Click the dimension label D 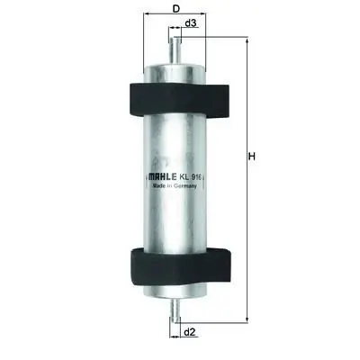click(x=175, y=9)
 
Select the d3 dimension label click(x=191, y=23)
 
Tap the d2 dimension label click(x=189, y=332)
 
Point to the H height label click(x=252, y=156)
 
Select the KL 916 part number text click(x=191, y=177)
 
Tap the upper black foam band click(x=177, y=99)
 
